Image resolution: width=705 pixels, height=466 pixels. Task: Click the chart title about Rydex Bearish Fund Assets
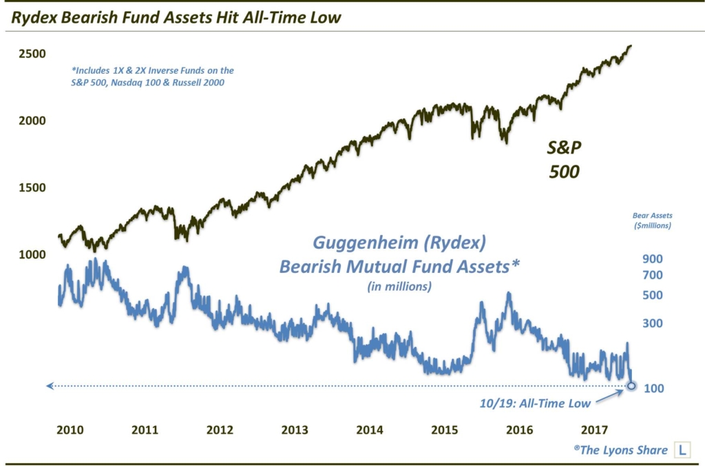pos(176,17)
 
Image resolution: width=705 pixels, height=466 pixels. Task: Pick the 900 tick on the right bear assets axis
pos(653,259)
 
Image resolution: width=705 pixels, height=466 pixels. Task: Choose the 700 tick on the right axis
pos(653,276)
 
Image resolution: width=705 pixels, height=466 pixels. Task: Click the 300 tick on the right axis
pos(653,323)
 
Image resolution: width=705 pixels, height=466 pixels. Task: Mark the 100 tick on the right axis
pos(653,389)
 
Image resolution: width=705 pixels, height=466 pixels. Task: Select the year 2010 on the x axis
pos(70,430)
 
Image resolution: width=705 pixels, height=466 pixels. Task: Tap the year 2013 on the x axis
pos(295,430)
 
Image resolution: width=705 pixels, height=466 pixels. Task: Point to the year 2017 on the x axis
pos(594,430)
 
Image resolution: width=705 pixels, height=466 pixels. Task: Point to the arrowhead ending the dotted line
pos(50,386)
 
